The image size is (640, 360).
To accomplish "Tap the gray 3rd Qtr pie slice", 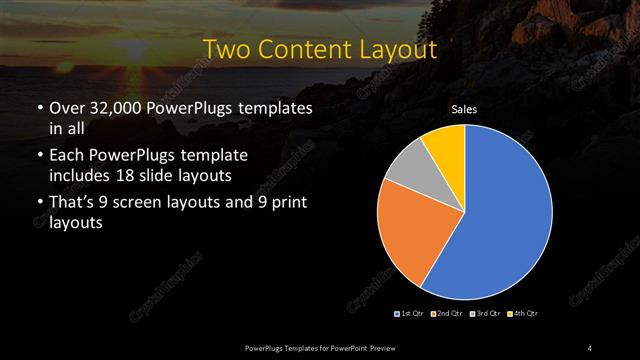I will [405, 170].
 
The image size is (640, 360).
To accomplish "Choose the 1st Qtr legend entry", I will [411, 314].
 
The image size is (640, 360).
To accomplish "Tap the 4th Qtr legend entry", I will [523, 314].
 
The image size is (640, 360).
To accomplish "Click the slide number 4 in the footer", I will [590, 347].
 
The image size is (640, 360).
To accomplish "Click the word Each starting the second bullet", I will [67, 157].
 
